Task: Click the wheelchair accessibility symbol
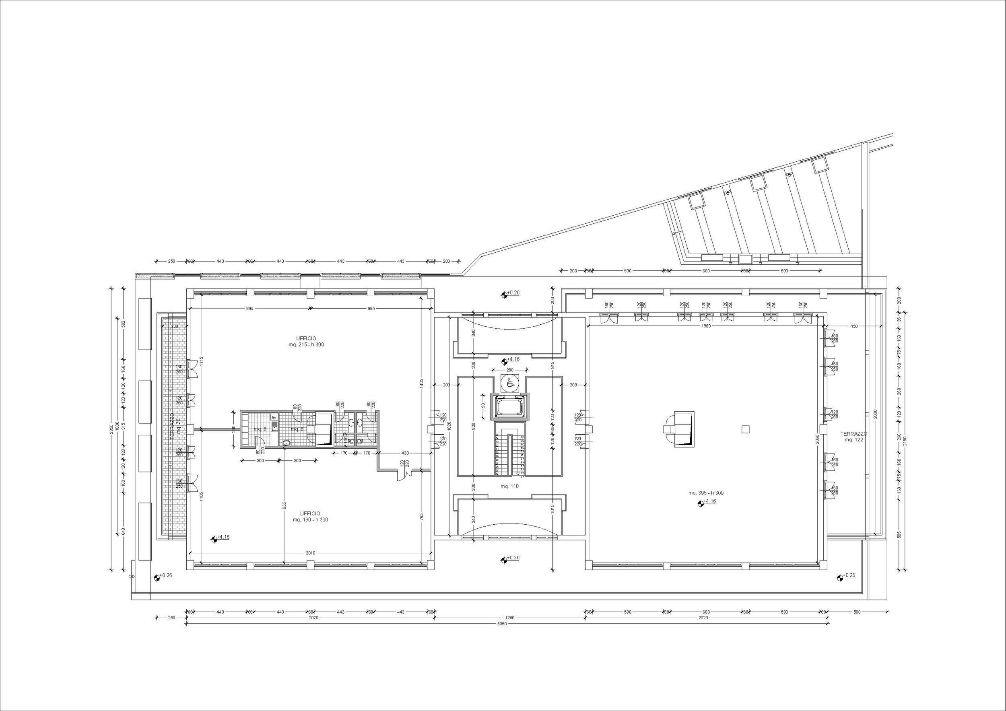(x=509, y=383)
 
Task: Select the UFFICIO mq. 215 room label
(x=306, y=341)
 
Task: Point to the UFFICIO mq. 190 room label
(x=310, y=517)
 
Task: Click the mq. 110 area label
(x=509, y=486)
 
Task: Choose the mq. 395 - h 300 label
(x=706, y=493)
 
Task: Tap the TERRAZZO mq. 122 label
(x=853, y=437)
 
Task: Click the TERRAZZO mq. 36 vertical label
(x=175, y=425)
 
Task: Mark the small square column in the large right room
(x=745, y=429)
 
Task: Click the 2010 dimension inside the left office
(x=310, y=553)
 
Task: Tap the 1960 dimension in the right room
(x=706, y=326)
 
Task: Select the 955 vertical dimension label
(x=284, y=505)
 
